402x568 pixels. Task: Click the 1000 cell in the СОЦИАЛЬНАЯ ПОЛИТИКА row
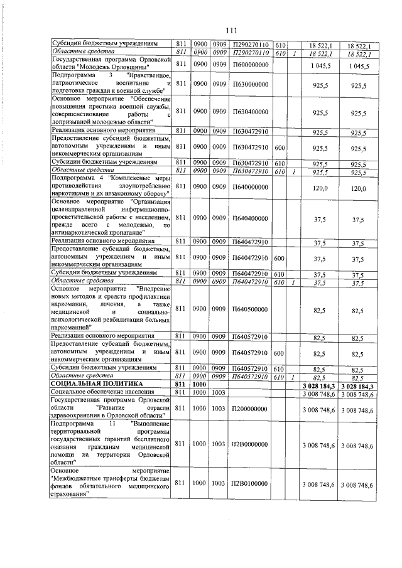pyautogui.click(x=199, y=383)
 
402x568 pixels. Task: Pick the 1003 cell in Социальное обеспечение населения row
pyautogui.click(x=219, y=392)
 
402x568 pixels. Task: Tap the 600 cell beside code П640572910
pyautogui.click(x=280, y=353)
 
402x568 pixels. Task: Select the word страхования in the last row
pyautogui.click(x=68, y=493)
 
